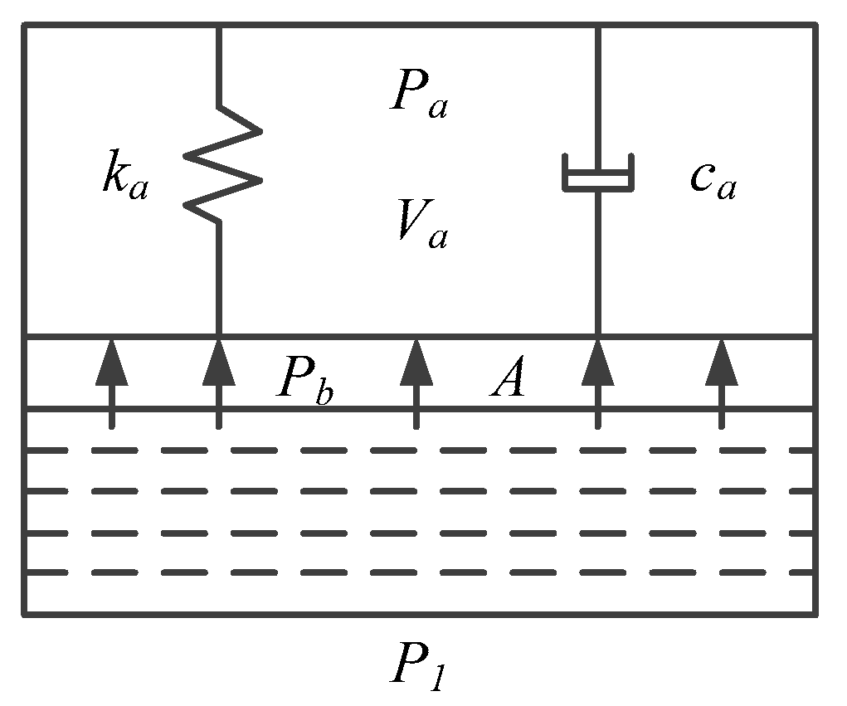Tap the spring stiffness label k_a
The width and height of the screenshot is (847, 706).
pyautogui.click(x=125, y=181)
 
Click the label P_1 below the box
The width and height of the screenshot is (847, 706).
pyautogui.click(x=419, y=669)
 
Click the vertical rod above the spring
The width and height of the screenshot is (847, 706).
pyautogui.click(x=218, y=66)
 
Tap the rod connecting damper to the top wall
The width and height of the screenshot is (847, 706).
pyautogui.click(x=597, y=91)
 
